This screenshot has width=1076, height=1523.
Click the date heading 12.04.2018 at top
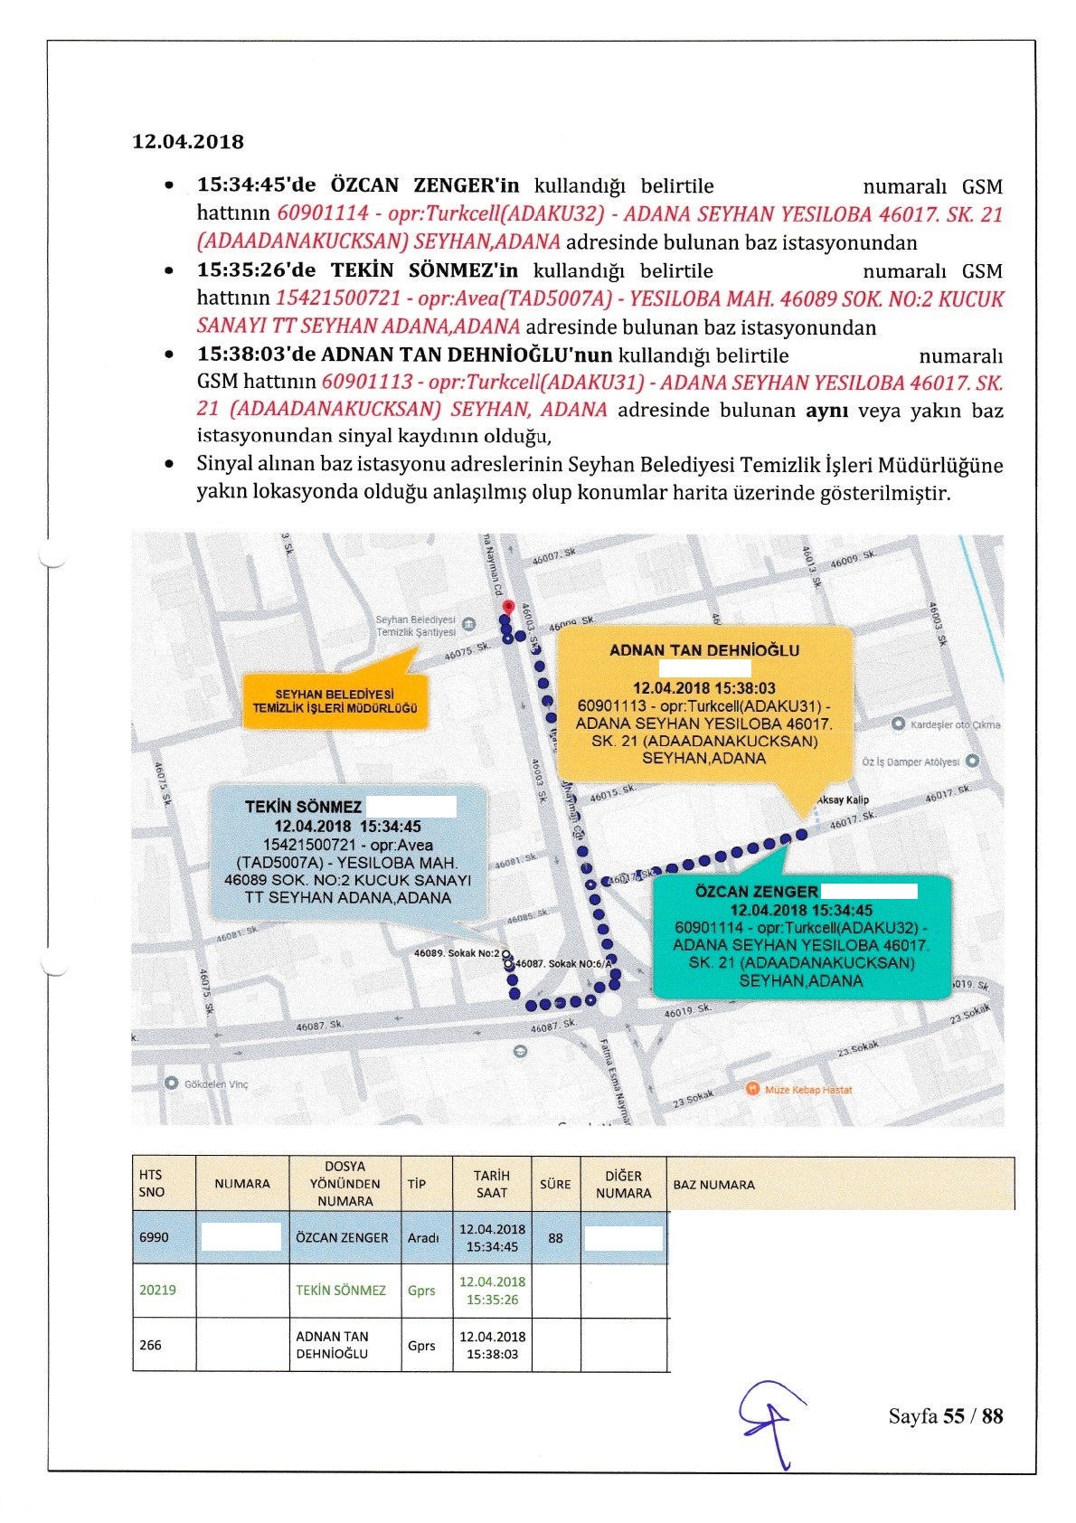click(188, 141)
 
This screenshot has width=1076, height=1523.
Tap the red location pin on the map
click(508, 606)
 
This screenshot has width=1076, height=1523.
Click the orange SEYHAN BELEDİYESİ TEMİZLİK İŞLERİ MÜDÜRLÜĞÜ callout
click(335, 701)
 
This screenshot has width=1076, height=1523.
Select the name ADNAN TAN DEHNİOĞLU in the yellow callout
click(704, 650)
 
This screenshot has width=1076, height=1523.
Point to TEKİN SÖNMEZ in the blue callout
click(303, 807)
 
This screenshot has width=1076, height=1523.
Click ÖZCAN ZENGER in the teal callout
click(756, 891)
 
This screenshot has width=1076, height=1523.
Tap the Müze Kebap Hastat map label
click(807, 1090)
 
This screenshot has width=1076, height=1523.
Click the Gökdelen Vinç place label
click(215, 1083)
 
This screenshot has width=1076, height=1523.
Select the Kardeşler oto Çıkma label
click(955, 724)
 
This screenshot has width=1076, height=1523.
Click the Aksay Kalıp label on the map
click(842, 800)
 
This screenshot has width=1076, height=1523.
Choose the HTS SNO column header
click(152, 1184)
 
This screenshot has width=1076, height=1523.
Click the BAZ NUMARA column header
click(714, 1184)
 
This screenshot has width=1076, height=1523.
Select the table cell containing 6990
click(154, 1237)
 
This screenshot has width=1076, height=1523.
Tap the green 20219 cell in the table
click(157, 1291)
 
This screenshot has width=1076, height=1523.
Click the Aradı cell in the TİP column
click(423, 1237)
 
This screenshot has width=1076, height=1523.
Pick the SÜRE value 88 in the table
click(555, 1237)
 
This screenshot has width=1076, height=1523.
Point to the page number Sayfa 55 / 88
click(945, 1416)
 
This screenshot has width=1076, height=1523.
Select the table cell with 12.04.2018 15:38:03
click(492, 1345)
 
